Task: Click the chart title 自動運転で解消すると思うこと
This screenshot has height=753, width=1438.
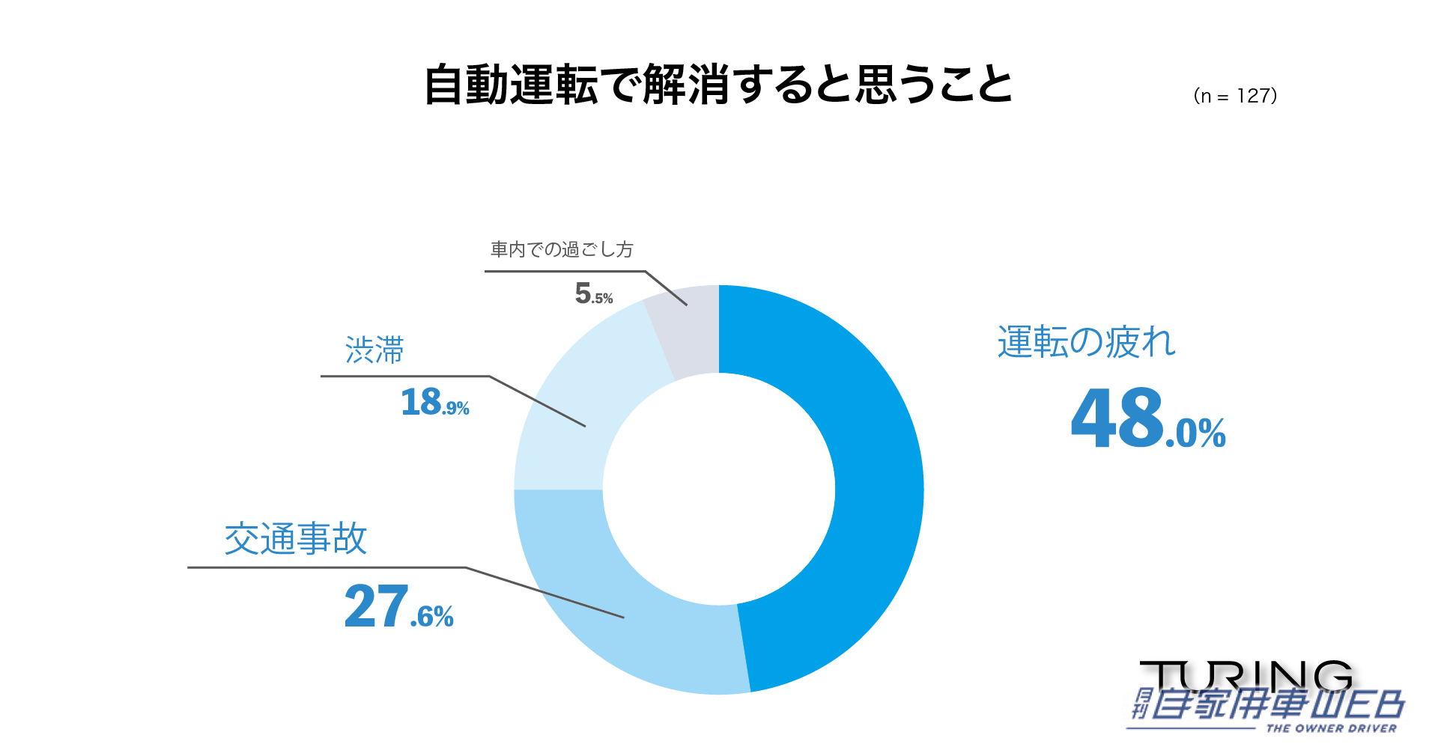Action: coord(718,85)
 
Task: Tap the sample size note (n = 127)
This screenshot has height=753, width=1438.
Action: coord(1235,96)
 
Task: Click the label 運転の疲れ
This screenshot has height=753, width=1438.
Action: coord(1086,343)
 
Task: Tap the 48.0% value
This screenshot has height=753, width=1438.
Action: coord(1147,419)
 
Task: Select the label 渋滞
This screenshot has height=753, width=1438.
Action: coord(374,350)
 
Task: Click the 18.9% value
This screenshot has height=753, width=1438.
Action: coord(434,403)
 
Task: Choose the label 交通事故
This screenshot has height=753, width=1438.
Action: coord(296,539)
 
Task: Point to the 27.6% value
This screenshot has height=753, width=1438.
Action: coord(398,607)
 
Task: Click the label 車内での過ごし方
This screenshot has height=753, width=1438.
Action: coord(562,249)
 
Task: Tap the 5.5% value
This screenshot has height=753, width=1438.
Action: coord(593,293)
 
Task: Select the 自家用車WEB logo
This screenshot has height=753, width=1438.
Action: coord(1273,705)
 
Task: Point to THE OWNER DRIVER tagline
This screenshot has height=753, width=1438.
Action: coord(1331,728)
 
